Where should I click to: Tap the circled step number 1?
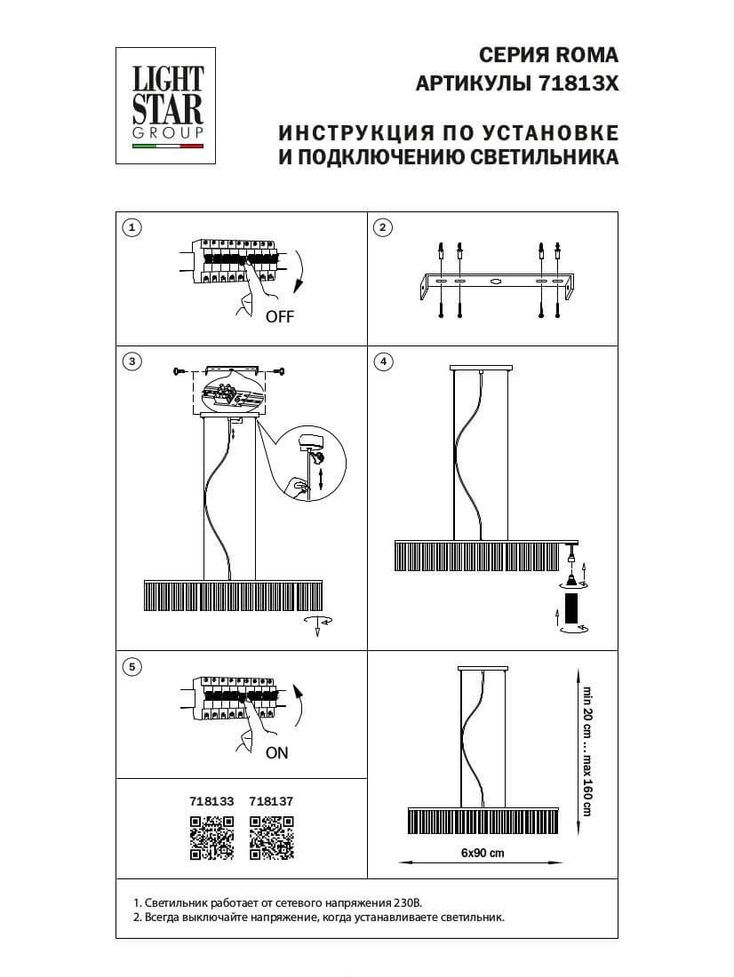click(x=132, y=227)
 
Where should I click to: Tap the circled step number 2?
click(x=382, y=227)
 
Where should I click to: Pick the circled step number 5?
click(x=132, y=665)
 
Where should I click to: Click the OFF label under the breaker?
click(x=279, y=316)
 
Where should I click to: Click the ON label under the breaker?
click(x=277, y=752)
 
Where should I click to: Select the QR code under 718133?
click(x=211, y=838)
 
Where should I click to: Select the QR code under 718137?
click(x=271, y=838)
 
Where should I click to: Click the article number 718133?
click(x=211, y=800)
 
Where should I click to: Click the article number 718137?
click(x=271, y=800)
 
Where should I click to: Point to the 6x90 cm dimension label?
click(x=483, y=853)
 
